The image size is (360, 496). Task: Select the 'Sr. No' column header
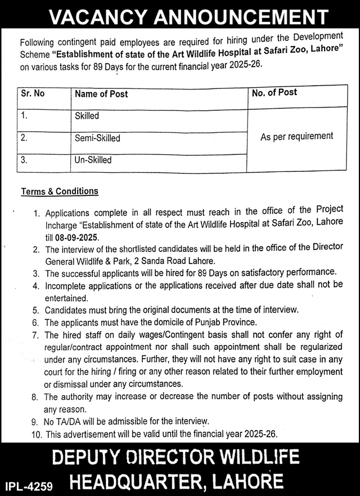(33, 93)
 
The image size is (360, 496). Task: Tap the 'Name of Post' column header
(101, 94)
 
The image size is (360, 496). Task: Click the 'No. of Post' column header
(274, 92)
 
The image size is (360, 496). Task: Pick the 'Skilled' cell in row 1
(87, 116)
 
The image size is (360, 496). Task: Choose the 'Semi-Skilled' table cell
(97, 138)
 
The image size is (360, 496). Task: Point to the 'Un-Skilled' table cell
(93, 160)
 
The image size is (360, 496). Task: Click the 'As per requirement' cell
(296, 136)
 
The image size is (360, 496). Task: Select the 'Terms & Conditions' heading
(60, 191)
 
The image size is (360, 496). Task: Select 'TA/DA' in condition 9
(70, 421)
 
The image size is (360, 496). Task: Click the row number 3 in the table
(24, 160)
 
